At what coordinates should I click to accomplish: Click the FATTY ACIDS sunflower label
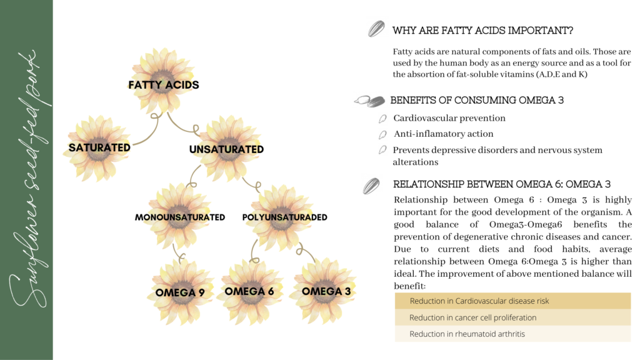point(164,84)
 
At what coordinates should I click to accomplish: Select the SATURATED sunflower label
point(99,148)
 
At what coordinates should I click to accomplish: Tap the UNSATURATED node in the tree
point(226,149)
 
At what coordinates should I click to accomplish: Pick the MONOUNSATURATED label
point(180,217)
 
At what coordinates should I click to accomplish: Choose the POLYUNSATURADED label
point(284,217)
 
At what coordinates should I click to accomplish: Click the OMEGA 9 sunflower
point(180,291)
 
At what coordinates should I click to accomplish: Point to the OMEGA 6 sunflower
point(249,291)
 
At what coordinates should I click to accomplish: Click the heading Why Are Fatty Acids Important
point(482,31)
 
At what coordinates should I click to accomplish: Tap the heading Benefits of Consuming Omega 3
point(480,100)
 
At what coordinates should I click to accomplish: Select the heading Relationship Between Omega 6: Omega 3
point(501,184)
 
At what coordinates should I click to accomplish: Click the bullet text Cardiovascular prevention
point(449,118)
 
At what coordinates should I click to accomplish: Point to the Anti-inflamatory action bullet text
point(444,134)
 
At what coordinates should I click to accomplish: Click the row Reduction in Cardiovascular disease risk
point(512,301)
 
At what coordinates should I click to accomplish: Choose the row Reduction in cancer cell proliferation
point(512,317)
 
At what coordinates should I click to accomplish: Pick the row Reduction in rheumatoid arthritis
point(512,334)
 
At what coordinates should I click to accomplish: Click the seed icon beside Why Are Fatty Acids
point(376,29)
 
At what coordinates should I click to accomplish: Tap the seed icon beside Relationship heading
point(372,186)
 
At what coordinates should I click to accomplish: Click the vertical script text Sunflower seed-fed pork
point(26,180)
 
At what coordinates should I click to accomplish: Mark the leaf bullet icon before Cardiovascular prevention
point(382,119)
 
